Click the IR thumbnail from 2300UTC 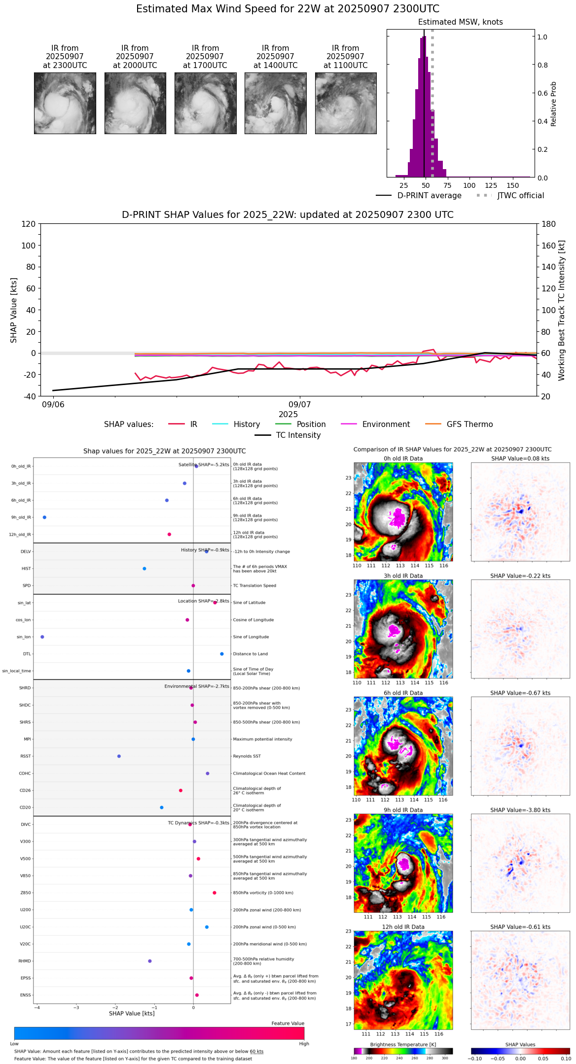click(x=65, y=103)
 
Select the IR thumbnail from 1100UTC click(x=346, y=103)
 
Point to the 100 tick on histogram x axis click(x=469, y=185)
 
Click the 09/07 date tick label click(x=299, y=404)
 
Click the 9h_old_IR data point click(x=44, y=517)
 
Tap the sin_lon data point click(x=42, y=637)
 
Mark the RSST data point click(x=119, y=756)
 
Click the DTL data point click(x=222, y=654)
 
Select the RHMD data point click(x=150, y=961)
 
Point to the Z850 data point click(x=215, y=893)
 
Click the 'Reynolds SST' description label click(x=247, y=756)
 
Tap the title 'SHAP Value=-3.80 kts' click(x=520, y=810)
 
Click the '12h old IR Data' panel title click(x=403, y=927)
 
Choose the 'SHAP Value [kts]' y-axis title click(x=14, y=310)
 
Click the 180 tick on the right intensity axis click(x=549, y=224)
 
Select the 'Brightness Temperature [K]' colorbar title click(x=403, y=1044)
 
